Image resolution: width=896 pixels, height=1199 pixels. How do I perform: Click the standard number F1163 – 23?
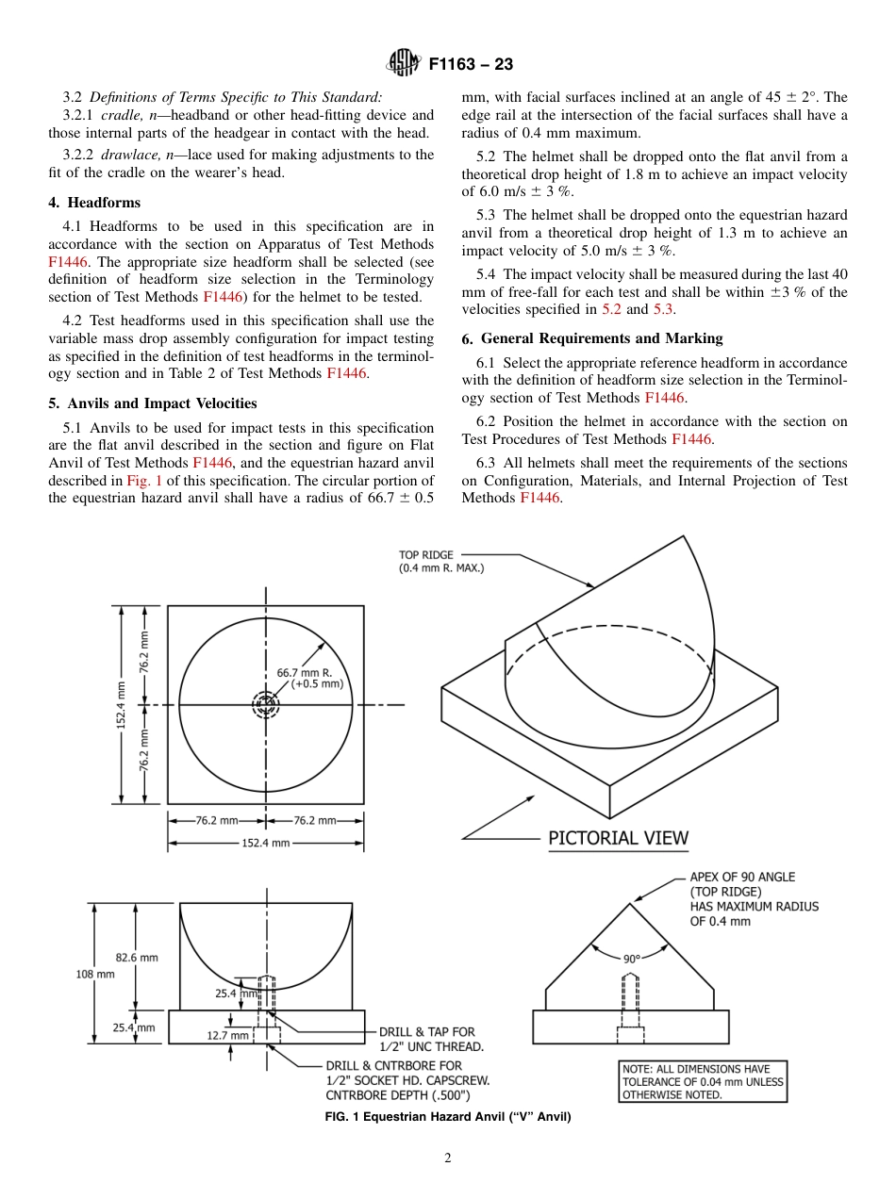471,65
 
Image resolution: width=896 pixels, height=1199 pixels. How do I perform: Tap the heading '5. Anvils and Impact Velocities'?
152,403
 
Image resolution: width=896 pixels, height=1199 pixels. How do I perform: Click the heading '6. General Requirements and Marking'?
591,338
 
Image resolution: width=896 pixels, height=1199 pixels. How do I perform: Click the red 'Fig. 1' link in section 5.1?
144,479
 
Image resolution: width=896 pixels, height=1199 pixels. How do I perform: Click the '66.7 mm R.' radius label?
304,673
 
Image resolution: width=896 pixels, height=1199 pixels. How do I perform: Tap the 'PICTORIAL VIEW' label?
618,837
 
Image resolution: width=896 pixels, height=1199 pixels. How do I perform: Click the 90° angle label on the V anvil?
631,959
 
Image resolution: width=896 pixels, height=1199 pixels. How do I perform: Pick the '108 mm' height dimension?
95,974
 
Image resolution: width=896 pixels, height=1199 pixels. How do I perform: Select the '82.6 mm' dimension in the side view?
137,957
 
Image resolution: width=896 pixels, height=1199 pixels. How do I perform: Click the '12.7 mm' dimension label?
227,1035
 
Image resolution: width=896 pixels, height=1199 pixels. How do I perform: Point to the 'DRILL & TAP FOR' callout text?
426,1032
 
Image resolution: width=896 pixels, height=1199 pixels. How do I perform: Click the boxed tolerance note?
702,1081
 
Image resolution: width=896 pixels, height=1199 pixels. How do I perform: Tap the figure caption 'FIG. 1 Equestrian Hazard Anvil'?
448,1117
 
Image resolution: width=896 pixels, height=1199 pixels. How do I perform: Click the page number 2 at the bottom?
448,1158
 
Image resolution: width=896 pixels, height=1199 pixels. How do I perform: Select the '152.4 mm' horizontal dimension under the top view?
266,843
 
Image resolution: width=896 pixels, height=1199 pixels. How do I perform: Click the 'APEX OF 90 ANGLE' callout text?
741,877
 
